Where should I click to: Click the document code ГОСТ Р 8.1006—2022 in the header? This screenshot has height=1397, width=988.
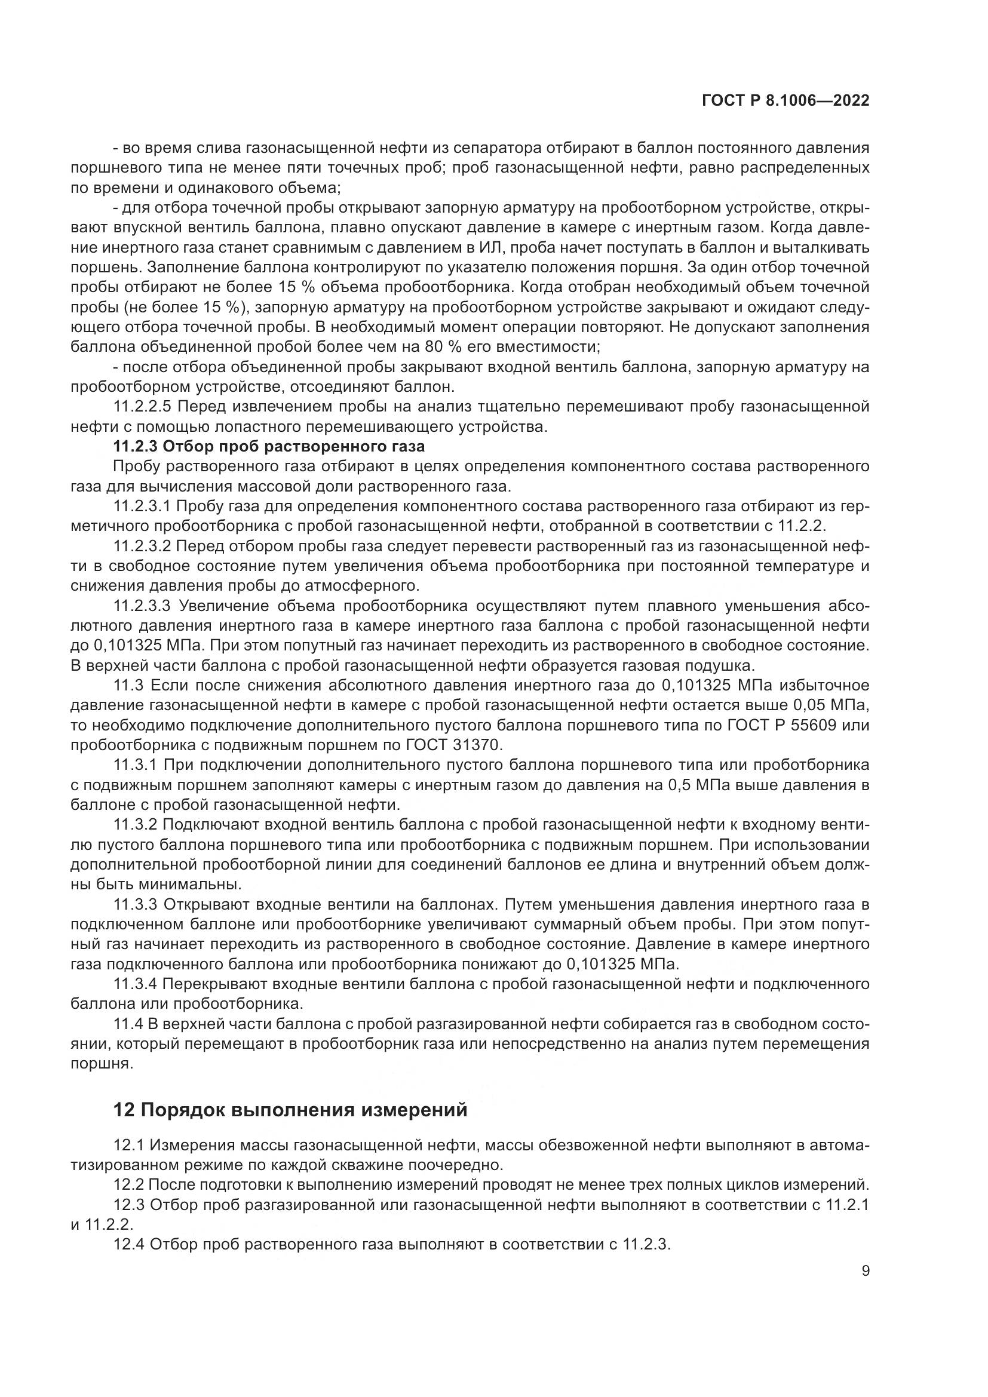click(x=786, y=101)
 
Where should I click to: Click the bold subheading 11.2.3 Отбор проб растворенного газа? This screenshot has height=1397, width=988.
click(x=269, y=446)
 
